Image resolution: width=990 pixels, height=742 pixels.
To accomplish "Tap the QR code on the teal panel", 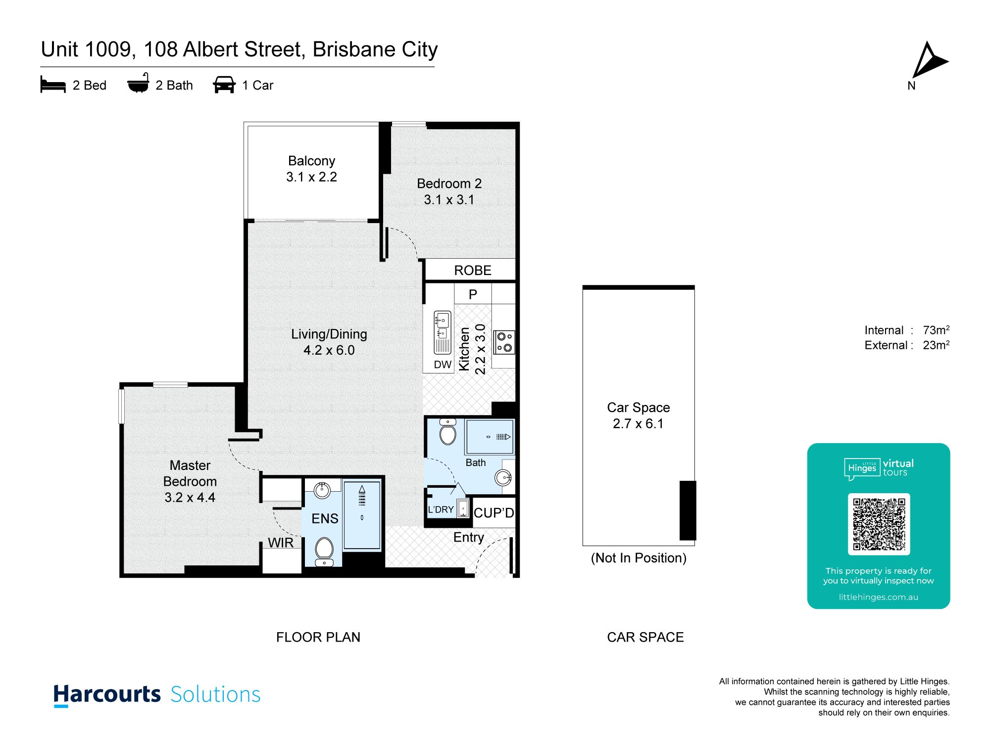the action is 879,524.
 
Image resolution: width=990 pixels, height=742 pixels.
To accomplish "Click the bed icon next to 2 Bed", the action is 53,85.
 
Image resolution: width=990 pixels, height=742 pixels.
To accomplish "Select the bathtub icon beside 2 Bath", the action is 138,83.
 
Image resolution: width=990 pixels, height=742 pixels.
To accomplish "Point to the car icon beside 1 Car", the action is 224,85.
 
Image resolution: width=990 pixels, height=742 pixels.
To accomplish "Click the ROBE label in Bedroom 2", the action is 473,271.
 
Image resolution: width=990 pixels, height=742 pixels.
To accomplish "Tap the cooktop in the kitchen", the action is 504,342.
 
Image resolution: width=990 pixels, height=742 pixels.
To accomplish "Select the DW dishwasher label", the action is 443,365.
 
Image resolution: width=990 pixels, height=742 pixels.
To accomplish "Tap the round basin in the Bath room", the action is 503,477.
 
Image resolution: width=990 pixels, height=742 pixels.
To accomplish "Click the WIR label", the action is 281,543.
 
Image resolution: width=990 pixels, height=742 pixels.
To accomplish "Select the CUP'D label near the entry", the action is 494,513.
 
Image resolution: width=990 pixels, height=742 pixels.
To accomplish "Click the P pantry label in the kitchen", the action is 473,295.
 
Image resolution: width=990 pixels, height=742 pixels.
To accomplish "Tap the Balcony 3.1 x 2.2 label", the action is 312,169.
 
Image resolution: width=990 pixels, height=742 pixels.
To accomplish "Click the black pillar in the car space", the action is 688,510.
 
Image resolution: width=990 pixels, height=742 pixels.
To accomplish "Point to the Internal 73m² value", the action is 936,330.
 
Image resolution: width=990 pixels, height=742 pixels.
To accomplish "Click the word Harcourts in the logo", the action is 107,695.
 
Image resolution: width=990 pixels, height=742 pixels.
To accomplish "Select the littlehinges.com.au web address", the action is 879,597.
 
